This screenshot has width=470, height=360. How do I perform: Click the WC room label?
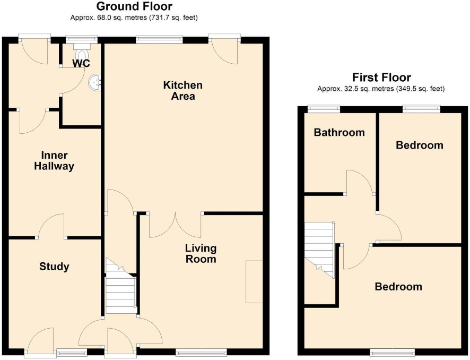[81, 63]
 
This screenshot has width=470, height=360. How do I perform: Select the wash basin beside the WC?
[95, 81]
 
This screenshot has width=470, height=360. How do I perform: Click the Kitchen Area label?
[183, 90]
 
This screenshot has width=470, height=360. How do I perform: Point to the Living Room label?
[201, 253]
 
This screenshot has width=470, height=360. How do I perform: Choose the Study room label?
[54, 267]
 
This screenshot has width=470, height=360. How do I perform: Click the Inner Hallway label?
[54, 160]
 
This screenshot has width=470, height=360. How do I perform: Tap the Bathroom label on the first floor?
[340, 132]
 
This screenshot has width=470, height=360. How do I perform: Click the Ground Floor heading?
[134, 6]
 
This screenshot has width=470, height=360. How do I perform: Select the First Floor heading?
[381, 78]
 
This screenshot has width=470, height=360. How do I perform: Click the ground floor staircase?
[120, 286]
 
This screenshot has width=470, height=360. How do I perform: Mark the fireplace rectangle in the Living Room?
[254, 282]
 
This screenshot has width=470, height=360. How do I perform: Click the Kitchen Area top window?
[160, 40]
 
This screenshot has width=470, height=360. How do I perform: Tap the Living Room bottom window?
[202, 352]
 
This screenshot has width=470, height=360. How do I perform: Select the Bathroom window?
[324, 109]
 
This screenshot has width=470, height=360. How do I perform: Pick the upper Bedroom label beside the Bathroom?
[420, 145]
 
